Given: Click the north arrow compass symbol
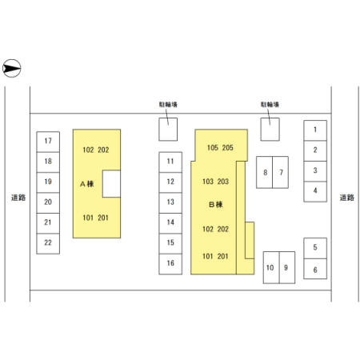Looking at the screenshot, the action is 12,68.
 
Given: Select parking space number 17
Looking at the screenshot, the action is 48,142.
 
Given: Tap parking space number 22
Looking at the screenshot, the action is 48,244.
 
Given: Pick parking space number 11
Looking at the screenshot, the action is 170,162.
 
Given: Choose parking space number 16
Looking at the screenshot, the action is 170,264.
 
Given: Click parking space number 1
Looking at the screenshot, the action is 315,130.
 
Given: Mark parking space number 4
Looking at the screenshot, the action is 315,191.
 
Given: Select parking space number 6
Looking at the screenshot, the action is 315,269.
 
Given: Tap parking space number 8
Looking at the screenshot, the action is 264,172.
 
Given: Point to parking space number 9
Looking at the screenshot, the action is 287,267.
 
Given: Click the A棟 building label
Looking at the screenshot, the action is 87,184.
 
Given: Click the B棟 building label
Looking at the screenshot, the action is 215,205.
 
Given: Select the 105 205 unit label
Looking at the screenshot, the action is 220,147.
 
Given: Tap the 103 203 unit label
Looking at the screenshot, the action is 215,182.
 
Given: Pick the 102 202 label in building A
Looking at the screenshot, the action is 96,150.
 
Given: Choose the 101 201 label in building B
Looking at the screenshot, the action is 215,256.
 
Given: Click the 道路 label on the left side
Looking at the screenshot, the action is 18,198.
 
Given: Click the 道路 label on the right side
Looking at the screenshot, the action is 347,198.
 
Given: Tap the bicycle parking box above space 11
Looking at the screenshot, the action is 168,130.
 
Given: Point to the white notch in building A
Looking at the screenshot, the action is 111,184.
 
